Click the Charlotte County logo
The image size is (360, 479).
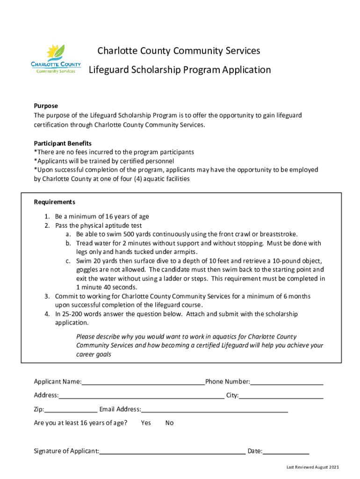coord(56,59)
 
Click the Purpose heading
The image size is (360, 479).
coord(46,106)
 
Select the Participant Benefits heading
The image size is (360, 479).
coord(63,143)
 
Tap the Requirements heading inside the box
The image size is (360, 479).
coord(55,202)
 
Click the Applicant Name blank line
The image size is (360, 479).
coord(143,382)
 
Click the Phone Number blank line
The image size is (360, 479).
coord(287,382)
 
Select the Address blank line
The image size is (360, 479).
coord(141,396)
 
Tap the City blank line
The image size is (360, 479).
coord(281,396)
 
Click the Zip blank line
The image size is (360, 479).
coord(71,410)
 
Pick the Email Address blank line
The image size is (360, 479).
coord(214,410)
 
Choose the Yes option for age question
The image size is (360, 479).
coord(146,423)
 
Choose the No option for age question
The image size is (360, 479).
coord(169,423)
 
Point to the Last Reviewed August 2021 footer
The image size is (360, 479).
coord(313,467)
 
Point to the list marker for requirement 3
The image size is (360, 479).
coord(47,297)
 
